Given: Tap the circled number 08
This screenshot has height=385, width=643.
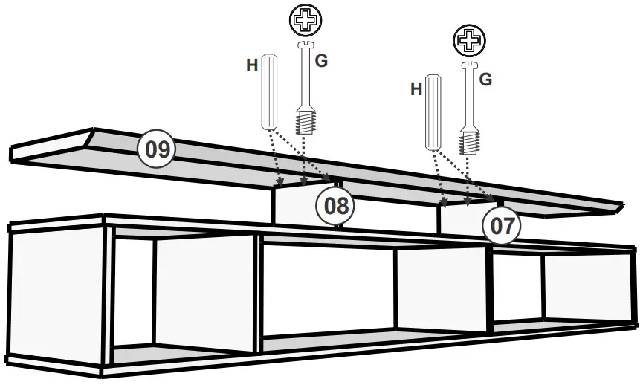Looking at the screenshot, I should click(x=337, y=206).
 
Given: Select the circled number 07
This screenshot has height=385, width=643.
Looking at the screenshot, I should click(x=503, y=225).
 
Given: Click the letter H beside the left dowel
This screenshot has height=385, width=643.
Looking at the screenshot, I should click(x=253, y=65).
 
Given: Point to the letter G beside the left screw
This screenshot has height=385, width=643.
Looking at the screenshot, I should click(x=321, y=61).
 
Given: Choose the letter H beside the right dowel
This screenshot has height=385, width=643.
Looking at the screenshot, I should click(x=416, y=89).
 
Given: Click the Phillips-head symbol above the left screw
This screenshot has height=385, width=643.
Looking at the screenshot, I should click(x=305, y=20).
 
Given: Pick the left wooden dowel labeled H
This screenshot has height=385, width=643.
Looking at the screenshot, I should click(x=269, y=91).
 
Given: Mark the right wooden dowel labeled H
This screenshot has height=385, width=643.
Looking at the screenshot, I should click(x=433, y=111).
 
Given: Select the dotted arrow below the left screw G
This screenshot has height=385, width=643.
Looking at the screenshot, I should click(x=303, y=160).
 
